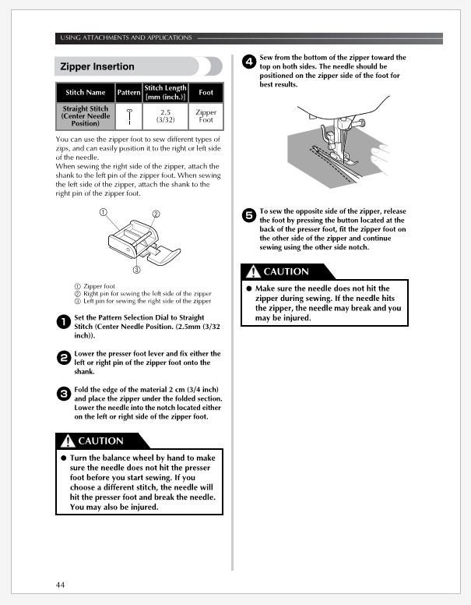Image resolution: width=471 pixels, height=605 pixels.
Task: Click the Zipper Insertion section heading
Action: (x=97, y=66)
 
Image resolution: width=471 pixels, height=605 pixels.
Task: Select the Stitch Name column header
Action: (x=85, y=92)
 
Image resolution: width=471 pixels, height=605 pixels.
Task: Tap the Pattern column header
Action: (x=128, y=92)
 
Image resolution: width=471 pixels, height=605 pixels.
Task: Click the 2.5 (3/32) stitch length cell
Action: (x=165, y=115)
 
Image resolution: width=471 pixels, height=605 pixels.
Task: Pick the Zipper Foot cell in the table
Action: (x=206, y=115)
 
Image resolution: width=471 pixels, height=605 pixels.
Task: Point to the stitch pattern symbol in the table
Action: (x=129, y=116)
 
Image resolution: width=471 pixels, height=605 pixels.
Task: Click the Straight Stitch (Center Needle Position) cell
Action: (x=86, y=115)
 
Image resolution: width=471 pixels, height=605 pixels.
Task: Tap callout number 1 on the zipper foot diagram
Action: (x=103, y=212)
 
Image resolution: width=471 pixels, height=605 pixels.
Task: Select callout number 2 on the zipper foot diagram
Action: (x=156, y=214)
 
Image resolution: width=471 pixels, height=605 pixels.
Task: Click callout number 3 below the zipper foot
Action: (x=136, y=270)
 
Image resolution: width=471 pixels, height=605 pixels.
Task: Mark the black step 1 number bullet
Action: (x=64, y=322)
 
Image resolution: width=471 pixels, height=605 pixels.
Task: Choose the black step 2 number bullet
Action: (x=64, y=358)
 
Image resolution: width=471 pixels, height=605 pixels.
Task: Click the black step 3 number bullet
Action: (x=64, y=394)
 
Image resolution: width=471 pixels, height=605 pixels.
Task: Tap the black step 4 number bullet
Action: (x=249, y=62)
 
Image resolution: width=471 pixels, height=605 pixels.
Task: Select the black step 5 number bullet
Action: (x=249, y=215)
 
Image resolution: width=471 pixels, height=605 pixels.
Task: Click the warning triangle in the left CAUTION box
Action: (x=68, y=440)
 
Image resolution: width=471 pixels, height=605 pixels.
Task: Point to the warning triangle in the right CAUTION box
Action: (x=253, y=271)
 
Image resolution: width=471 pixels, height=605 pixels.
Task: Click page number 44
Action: (x=60, y=585)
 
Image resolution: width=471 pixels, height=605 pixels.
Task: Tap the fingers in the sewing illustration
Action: (x=380, y=154)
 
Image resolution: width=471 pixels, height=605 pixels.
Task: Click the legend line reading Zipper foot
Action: (x=95, y=286)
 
